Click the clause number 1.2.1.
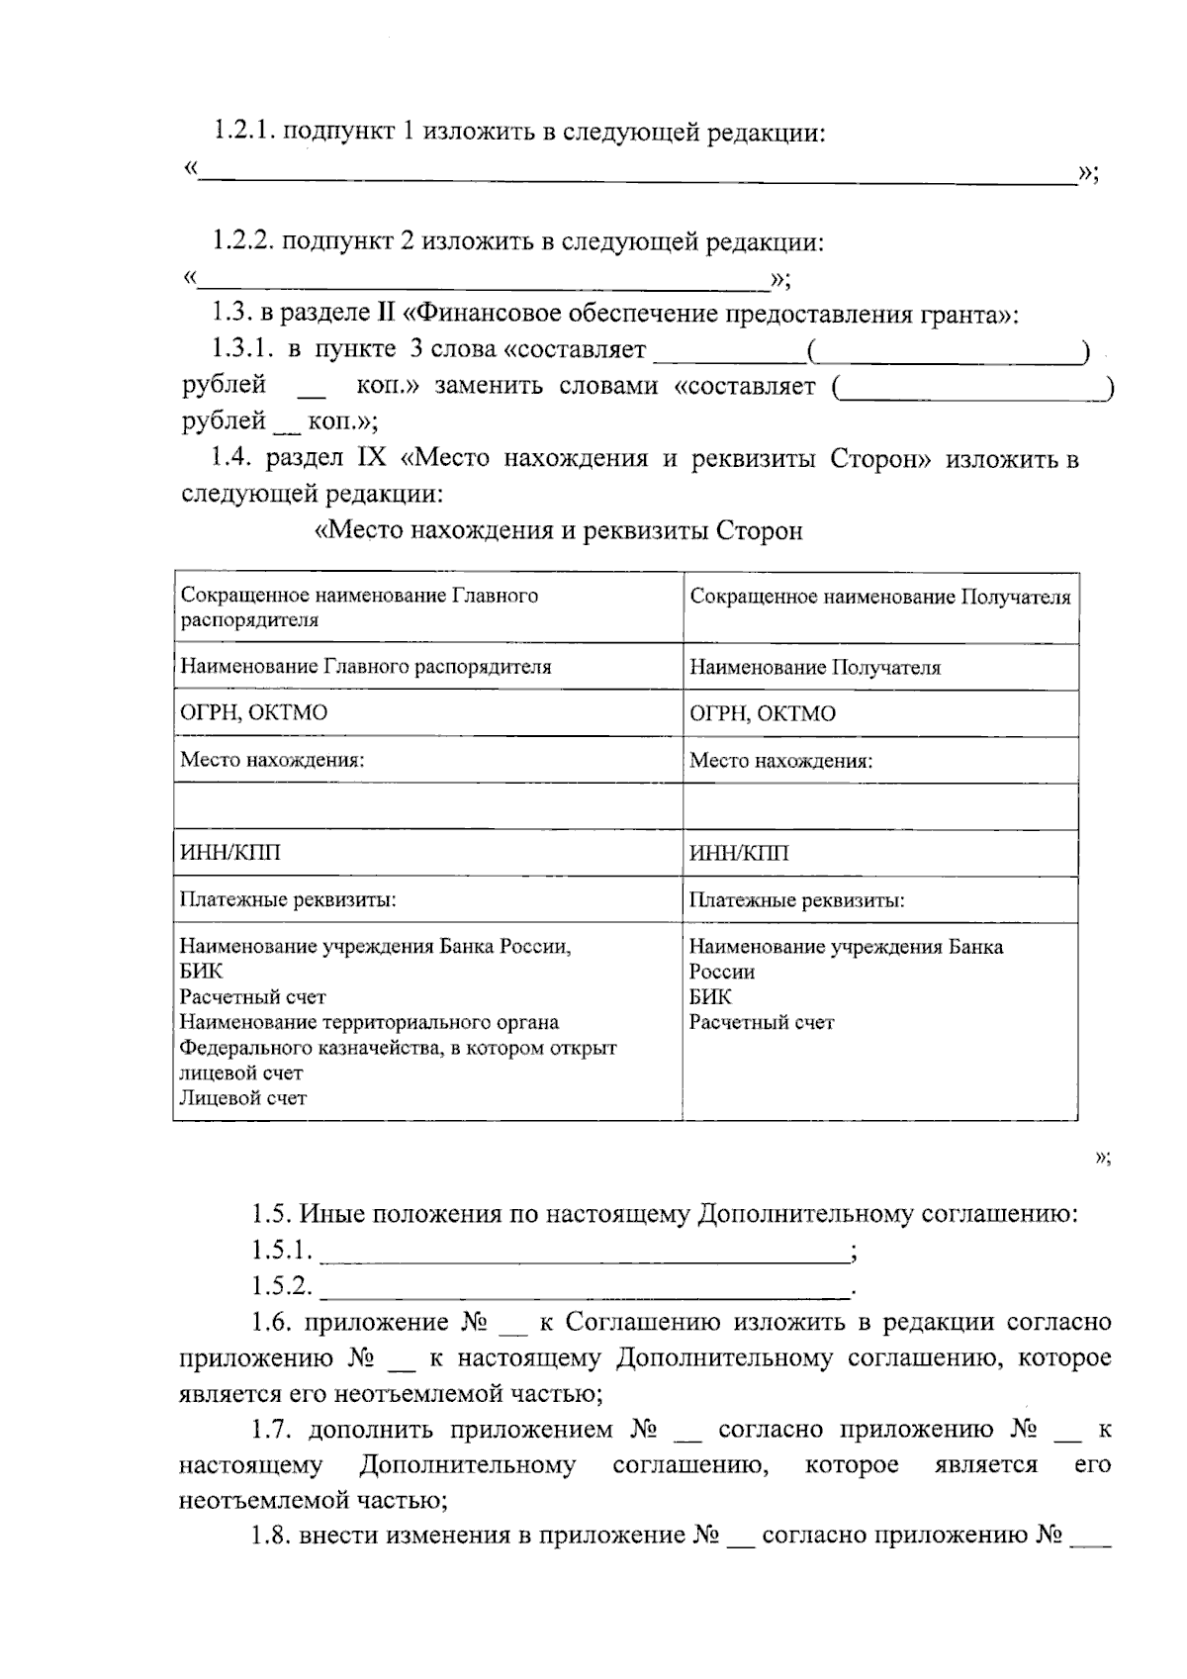pos(243,132)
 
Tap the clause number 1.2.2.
pos(243,241)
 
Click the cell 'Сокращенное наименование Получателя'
pos(879,598)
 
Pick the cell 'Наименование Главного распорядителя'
pos(365,667)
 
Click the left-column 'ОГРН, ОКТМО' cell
pos(253,713)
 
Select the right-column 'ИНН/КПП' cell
pos(738,853)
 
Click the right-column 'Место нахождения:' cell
pos(780,761)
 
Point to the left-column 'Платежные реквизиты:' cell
pos(288,899)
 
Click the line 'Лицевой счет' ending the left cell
pos(242,1097)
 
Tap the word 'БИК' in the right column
pos(709,997)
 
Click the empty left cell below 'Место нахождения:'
pos(427,806)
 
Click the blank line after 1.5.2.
pos(584,1289)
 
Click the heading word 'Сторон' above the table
pos(759,531)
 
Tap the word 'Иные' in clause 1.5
pos(326,1214)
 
